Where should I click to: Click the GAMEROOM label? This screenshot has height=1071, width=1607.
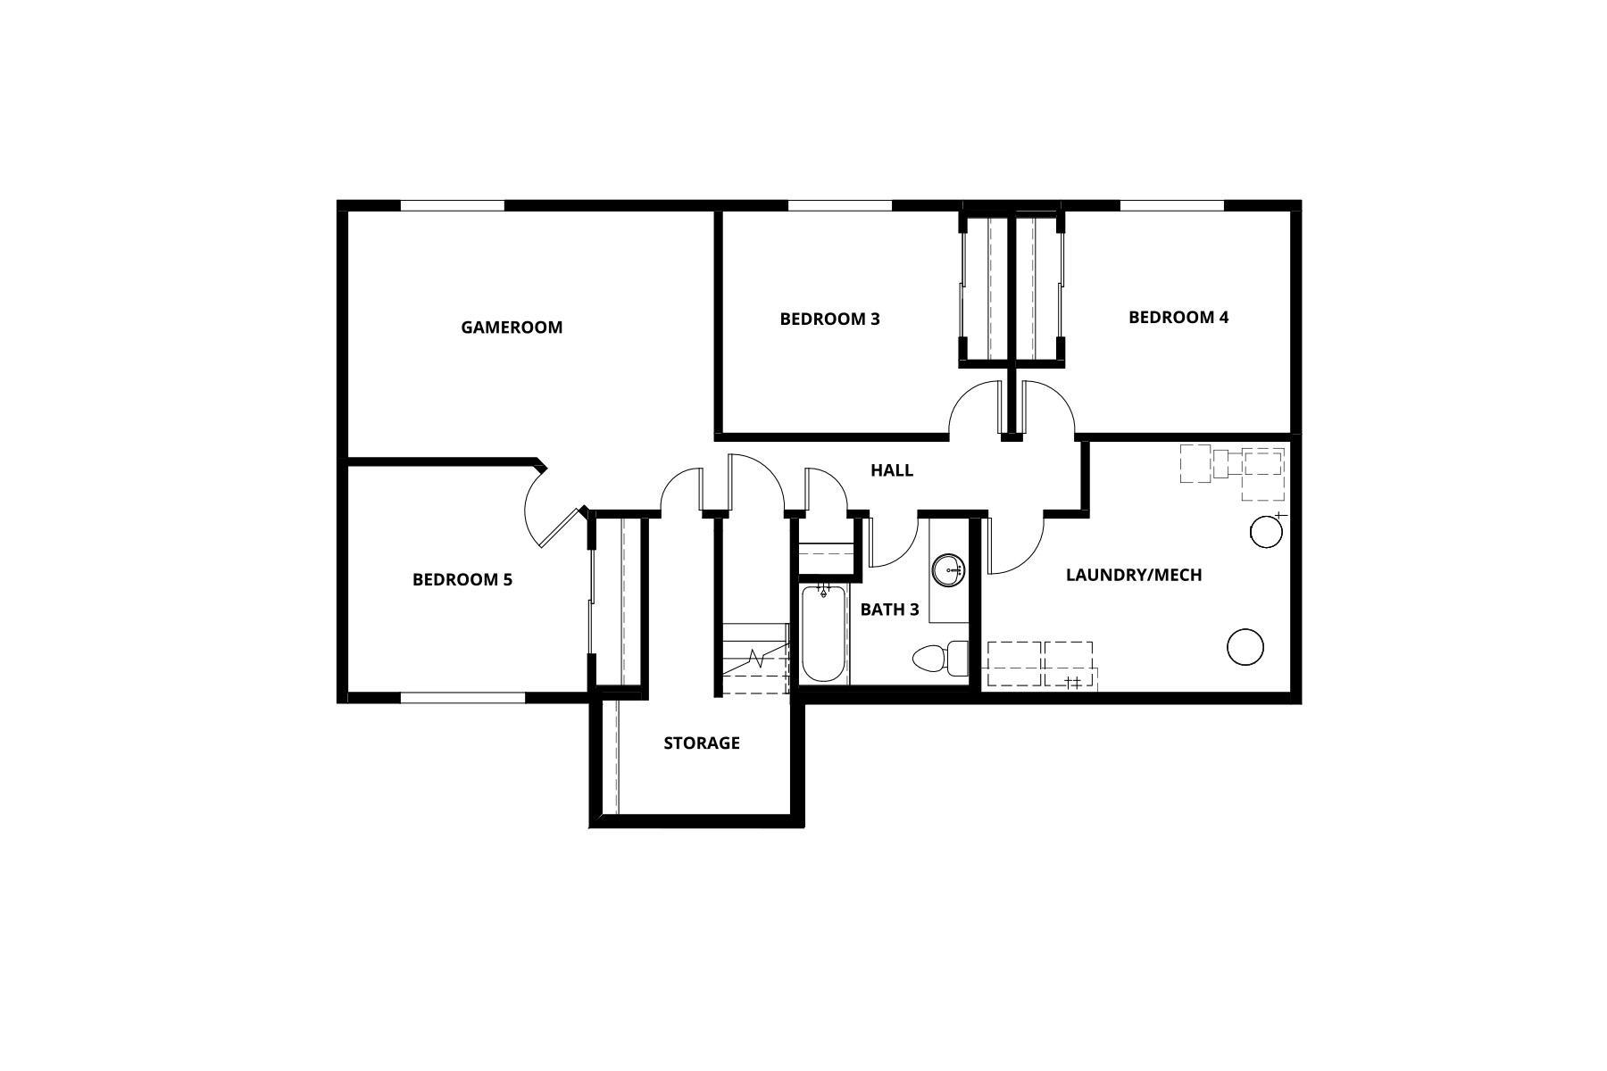click(512, 328)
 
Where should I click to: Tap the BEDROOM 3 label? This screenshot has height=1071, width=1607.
click(829, 319)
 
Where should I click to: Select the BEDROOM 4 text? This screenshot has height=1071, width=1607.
click(1178, 317)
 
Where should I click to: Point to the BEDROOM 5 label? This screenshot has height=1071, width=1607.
click(462, 579)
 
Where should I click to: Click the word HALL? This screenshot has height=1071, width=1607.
click(892, 470)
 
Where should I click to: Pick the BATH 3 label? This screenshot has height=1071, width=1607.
click(889, 610)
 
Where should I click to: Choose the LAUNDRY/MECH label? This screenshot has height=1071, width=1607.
click(1134, 575)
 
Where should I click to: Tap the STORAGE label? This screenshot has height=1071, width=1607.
click(702, 743)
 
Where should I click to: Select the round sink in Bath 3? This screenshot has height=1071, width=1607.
click(947, 569)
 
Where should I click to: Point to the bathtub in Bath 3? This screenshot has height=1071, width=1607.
click(824, 634)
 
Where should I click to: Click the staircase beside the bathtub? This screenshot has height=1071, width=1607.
click(754, 659)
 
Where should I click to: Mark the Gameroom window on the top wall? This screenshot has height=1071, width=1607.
click(452, 205)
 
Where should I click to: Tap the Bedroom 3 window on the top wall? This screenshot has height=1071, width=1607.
click(839, 205)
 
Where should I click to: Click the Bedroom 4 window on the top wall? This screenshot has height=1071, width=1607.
click(1171, 205)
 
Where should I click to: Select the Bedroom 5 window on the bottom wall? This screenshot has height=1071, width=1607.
click(452, 697)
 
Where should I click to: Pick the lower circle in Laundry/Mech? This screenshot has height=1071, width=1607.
click(1245, 647)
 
